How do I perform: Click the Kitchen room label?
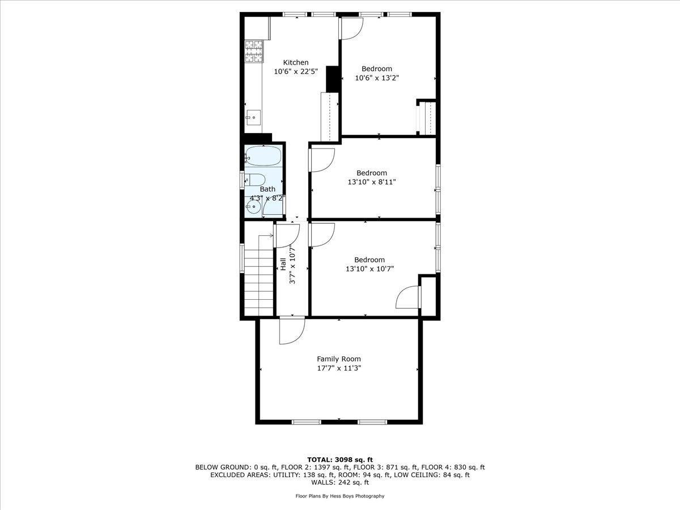tap(296, 62)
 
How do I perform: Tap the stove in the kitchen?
tap(254, 51)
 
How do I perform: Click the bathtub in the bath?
tap(263, 156)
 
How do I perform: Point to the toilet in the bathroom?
tap(253, 180)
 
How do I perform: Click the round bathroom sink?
tap(254, 208)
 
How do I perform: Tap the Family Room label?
tap(338, 359)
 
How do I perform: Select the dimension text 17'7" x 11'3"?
tap(338, 368)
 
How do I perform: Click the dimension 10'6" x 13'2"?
tap(377, 78)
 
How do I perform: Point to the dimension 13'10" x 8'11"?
tap(372, 182)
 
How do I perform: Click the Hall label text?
tap(282, 263)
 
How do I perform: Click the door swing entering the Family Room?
tap(291, 331)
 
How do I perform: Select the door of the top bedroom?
tap(351, 28)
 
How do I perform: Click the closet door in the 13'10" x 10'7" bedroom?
tap(409, 296)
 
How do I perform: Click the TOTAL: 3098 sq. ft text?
tap(340, 459)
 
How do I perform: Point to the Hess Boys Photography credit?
tap(340, 496)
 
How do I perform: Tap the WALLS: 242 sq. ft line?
tap(340, 482)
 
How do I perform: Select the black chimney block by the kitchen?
tap(333, 79)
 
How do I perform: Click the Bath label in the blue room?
tap(267, 189)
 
